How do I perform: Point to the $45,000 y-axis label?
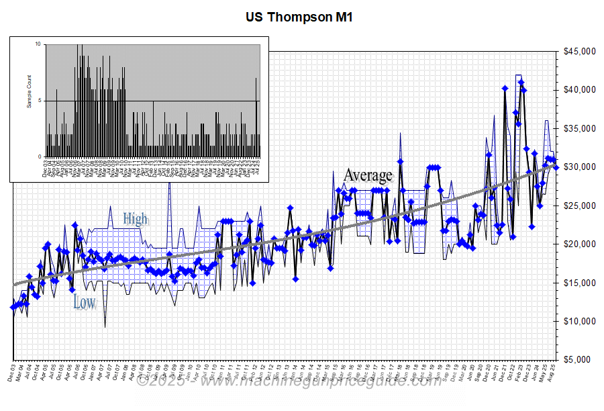[579, 52]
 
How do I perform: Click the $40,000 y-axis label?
[579, 90]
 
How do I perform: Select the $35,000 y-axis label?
[579, 129]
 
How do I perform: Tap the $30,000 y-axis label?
[579, 167]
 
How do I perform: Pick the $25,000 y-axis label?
[579, 206]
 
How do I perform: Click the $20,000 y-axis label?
[579, 244]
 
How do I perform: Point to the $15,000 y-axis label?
[579, 283]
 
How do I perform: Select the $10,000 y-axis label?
[579, 322]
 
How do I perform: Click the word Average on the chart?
[368, 176]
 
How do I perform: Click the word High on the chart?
[135, 219]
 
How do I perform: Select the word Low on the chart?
[85, 302]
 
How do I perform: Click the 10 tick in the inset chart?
[38, 44]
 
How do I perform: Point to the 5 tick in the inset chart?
[40, 101]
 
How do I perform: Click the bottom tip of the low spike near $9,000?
[105, 326]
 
